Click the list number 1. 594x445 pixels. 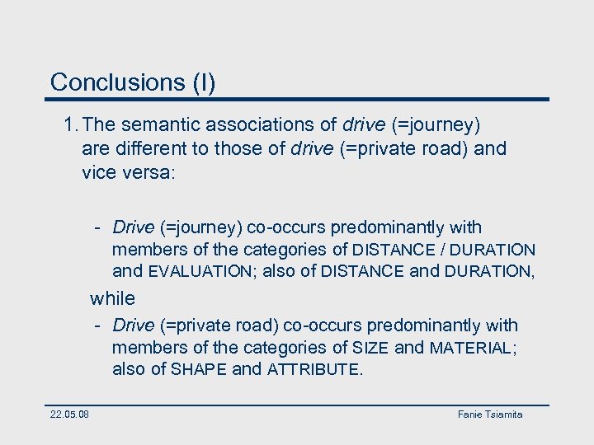coord(70,125)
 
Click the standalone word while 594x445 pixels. coord(112,297)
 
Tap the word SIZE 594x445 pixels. coord(370,348)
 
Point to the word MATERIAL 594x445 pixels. coord(471,348)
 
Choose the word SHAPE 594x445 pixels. coord(199,369)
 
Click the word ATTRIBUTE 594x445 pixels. coord(314,369)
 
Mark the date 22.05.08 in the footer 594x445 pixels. coord(70,414)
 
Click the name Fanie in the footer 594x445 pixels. coord(471,414)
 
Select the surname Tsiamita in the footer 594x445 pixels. coord(505,414)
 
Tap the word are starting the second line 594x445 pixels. coord(94,149)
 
